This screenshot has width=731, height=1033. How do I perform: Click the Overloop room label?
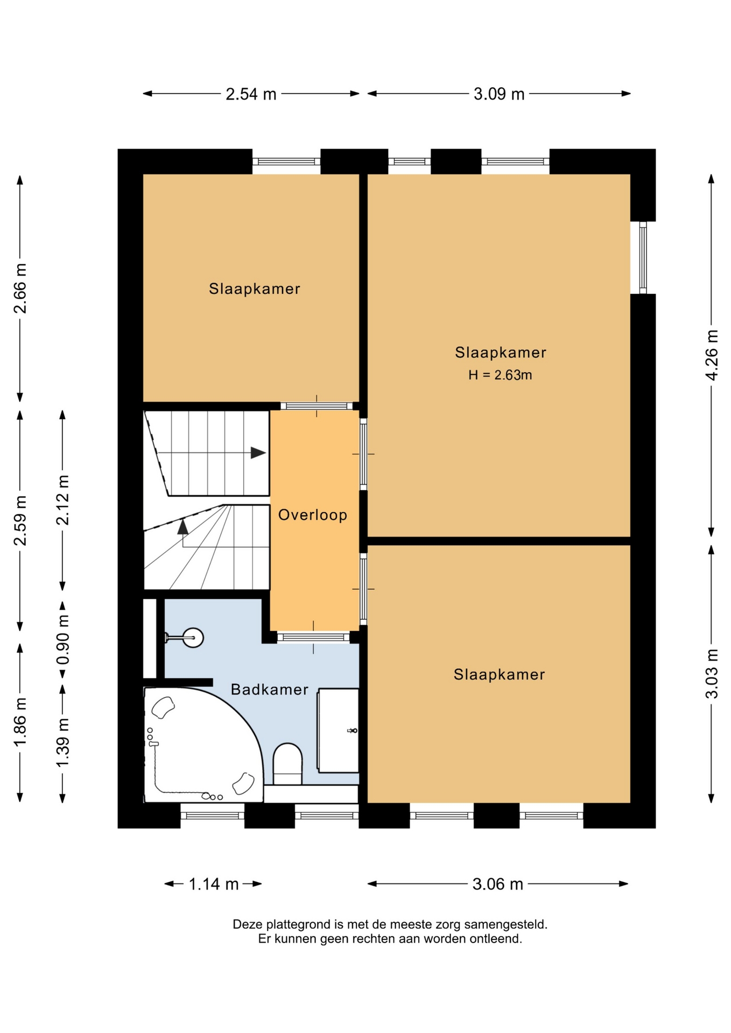point(312,515)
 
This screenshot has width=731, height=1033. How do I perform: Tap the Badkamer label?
point(269,689)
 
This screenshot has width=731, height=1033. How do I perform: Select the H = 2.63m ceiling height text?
point(500,375)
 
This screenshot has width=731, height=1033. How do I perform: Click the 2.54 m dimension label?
point(251,94)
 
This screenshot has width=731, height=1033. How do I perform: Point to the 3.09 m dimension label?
point(499,94)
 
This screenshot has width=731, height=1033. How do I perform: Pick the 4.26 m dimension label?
point(712,355)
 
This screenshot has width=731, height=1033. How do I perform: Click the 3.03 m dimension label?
point(712,674)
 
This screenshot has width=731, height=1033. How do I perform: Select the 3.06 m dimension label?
point(498,884)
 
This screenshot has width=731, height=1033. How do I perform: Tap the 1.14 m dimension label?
point(214,884)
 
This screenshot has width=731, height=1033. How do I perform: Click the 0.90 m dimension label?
point(63,640)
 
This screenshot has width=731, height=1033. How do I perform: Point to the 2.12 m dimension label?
point(63,500)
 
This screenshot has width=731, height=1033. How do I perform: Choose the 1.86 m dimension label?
point(20,721)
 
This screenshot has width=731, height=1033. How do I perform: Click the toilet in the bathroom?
point(287,764)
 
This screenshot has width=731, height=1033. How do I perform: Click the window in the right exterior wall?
point(643,258)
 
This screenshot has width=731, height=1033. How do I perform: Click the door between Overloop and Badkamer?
point(314,638)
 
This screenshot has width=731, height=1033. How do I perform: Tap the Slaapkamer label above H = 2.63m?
point(501,352)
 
